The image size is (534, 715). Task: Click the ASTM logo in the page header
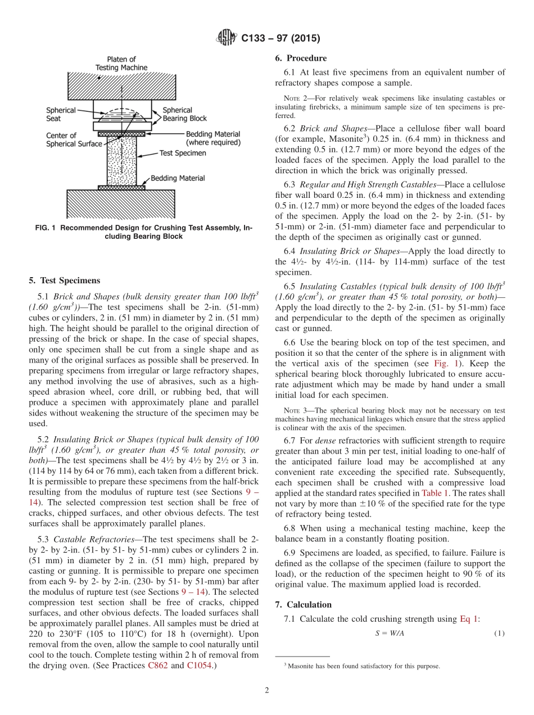pyautogui.click(x=226, y=38)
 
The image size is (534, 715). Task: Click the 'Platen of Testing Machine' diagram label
pyautogui.click(x=121, y=64)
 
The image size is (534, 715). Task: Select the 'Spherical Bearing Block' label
pyautogui.click(x=184, y=114)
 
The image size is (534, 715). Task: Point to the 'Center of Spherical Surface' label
pyautogui.click(x=74, y=139)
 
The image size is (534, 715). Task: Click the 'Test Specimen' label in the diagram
pyautogui.click(x=183, y=153)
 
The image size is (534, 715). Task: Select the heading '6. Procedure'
pyautogui.click(x=301, y=58)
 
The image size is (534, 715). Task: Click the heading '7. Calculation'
pyautogui.click(x=303, y=604)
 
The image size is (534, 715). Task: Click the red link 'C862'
pyautogui.click(x=157, y=666)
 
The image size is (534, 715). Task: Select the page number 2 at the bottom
pyautogui.click(x=266, y=690)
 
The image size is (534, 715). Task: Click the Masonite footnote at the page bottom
pyautogui.click(x=362, y=667)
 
